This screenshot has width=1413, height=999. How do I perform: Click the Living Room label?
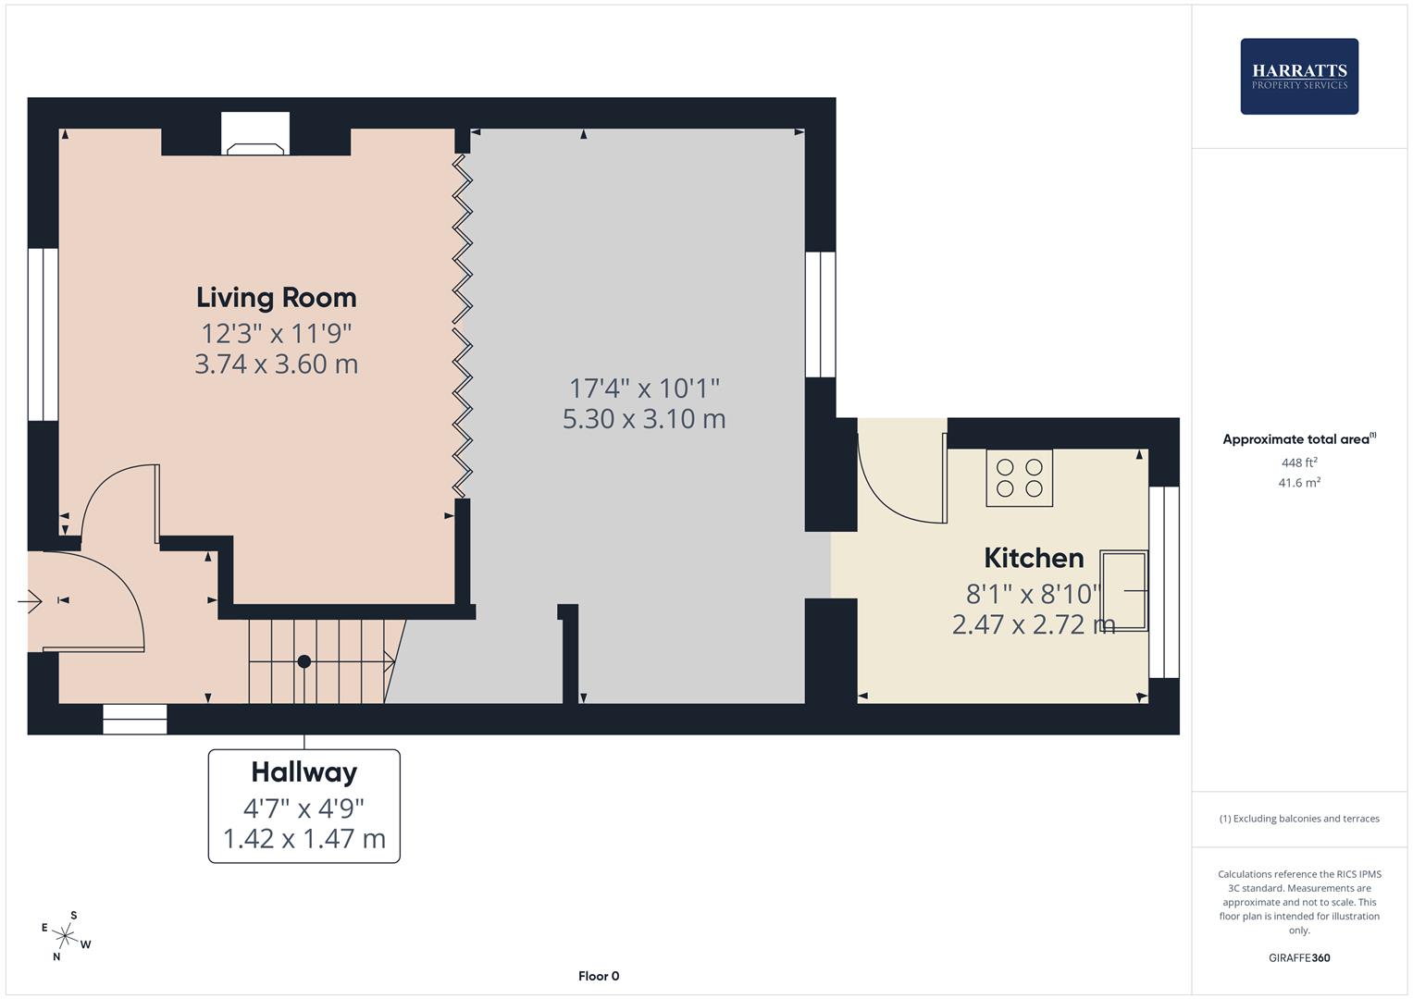[x=276, y=298]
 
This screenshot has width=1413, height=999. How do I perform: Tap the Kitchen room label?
[x=1034, y=558]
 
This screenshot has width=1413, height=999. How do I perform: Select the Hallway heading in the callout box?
[x=304, y=772]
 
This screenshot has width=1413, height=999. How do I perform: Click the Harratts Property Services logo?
[x=1299, y=77]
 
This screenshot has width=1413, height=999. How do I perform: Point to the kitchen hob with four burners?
[x=1019, y=477]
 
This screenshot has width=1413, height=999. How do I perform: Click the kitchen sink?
[x=1123, y=590]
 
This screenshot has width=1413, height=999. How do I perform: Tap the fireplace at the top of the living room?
[x=255, y=134]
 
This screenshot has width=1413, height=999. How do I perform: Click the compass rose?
[x=65, y=935]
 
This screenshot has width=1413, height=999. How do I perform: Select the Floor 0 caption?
[x=599, y=976]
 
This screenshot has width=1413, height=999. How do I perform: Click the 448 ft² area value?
[x=1299, y=462]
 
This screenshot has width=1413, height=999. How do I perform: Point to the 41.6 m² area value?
[x=1299, y=483]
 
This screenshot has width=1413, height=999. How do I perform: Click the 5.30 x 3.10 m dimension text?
[x=644, y=419]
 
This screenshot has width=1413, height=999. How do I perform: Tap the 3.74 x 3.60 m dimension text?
[x=276, y=364]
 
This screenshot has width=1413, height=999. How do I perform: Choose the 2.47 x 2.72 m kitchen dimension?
[x=1033, y=625]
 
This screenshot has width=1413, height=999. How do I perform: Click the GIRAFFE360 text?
[x=1299, y=958]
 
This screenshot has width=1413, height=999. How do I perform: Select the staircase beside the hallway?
[x=319, y=660]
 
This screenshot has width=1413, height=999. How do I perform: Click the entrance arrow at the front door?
[x=30, y=601]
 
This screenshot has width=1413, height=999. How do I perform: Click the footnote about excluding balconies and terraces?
[x=1299, y=819]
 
